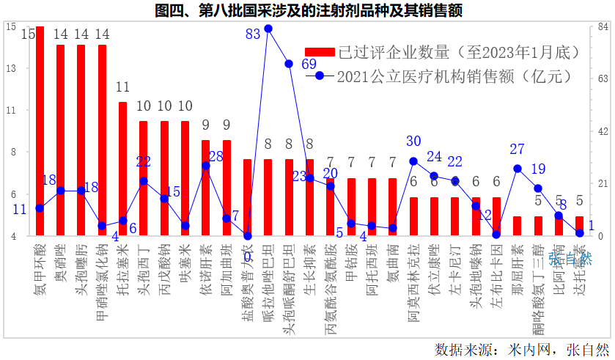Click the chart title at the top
tap(308, 10)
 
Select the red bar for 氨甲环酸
tap(40, 132)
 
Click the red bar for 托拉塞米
tap(122, 169)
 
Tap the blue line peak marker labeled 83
tap(268, 29)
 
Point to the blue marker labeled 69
tap(289, 64)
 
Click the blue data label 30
tap(413, 142)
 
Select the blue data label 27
tap(517, 150)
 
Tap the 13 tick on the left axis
tap(11, 69)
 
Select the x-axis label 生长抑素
tap(310, 267)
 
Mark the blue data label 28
tap(216, 156)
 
